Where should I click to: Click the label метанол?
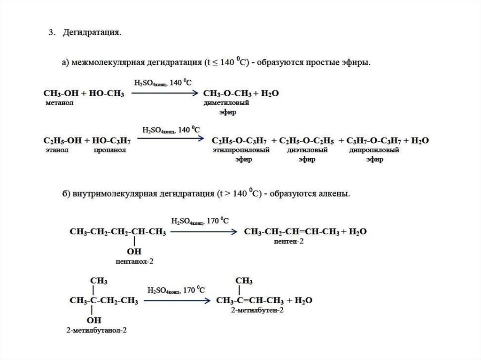59,103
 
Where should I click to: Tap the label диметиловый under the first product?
226,103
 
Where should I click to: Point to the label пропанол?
109,150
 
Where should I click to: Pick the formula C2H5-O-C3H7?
240,140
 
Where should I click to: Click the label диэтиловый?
306,150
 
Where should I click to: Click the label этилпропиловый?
240,150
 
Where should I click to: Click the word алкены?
335,193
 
